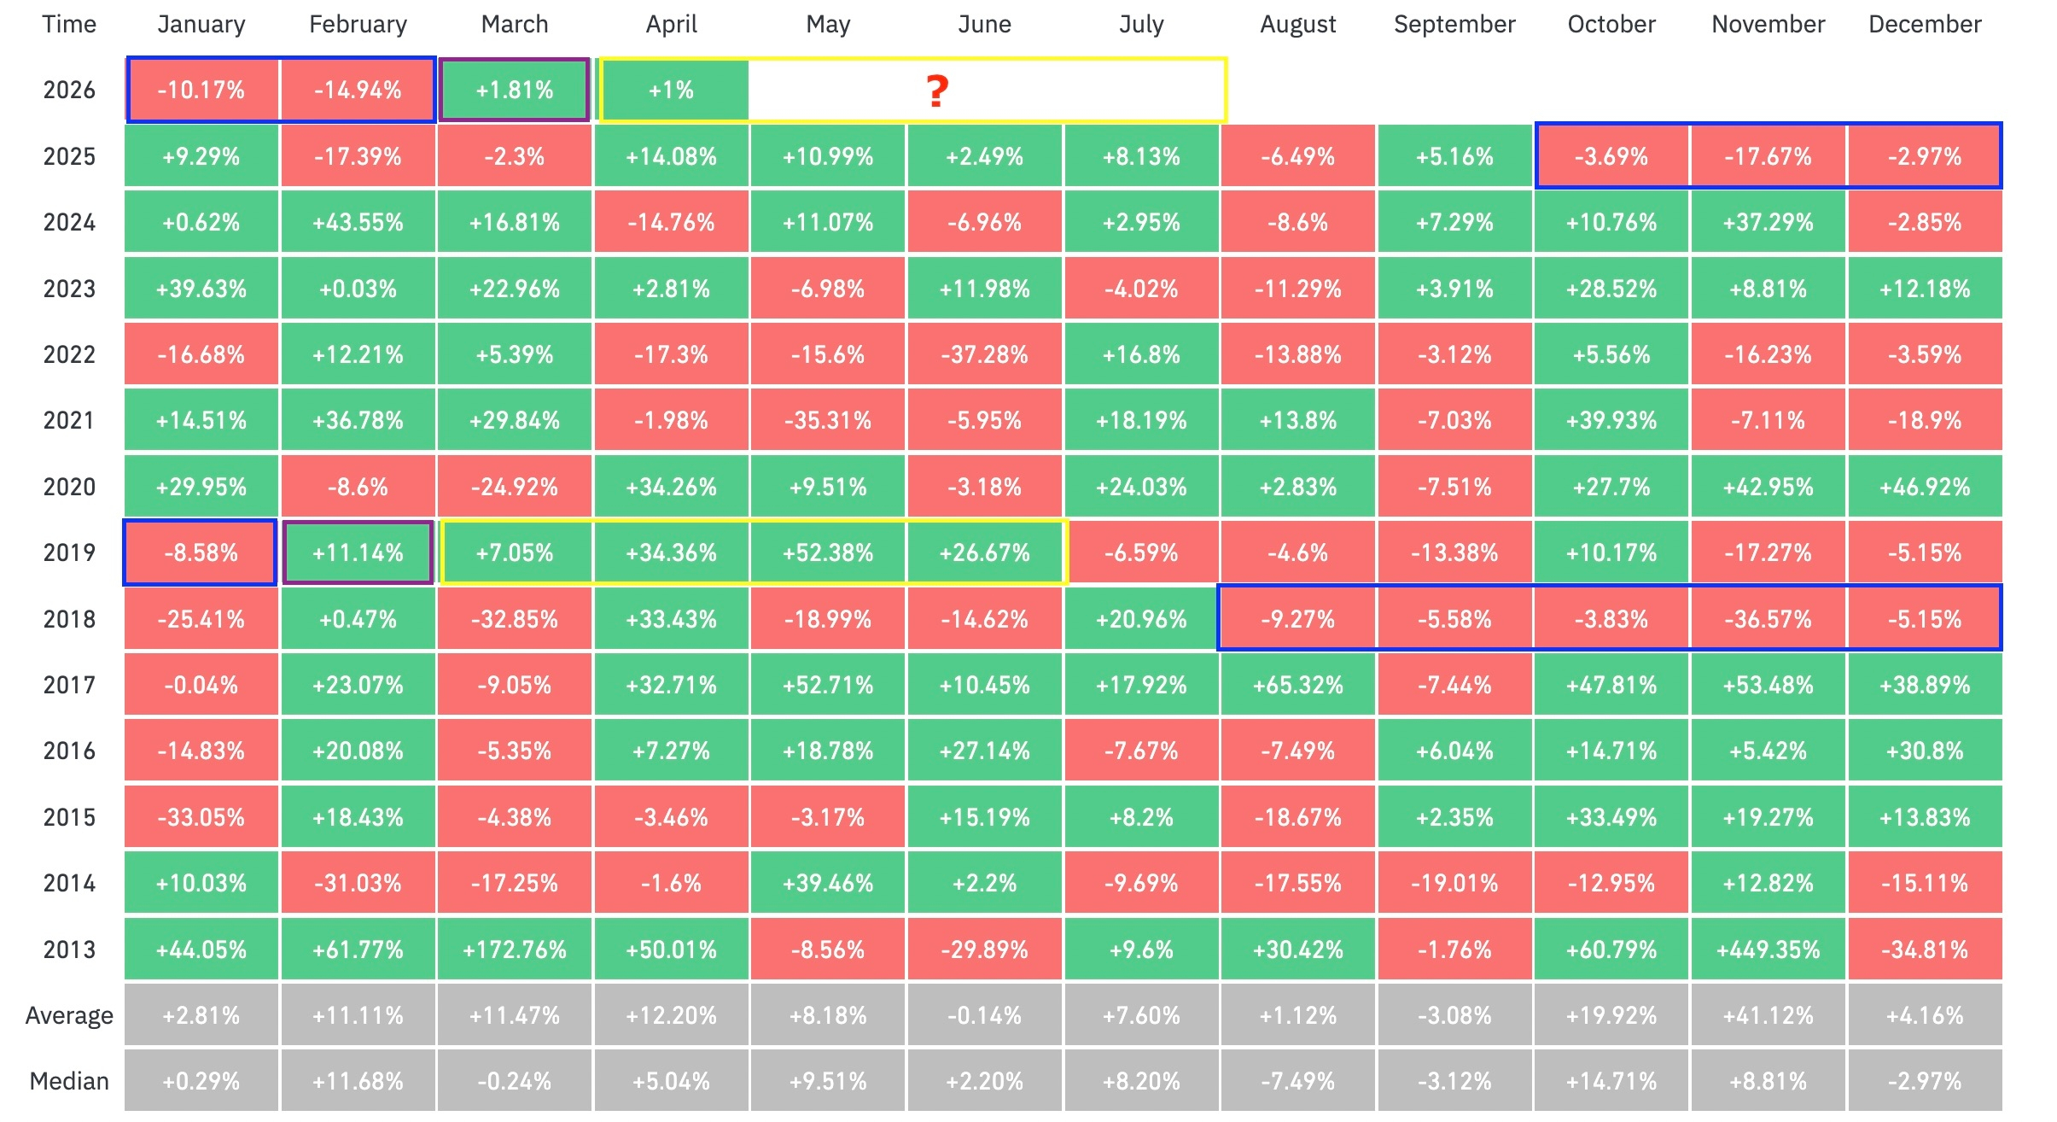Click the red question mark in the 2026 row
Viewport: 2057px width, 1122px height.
coord(937,91)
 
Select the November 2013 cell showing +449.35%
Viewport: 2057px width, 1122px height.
coord(1768,949)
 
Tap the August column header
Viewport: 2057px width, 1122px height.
coord(1297,25)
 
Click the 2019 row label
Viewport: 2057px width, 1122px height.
coord(69,552)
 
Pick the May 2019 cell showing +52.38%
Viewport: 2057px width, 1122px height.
coord(827,552)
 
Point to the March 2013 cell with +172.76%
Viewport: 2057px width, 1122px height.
coord(514,949)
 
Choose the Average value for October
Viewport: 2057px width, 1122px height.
coord(1611,1015)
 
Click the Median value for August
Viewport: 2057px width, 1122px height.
coord(1297,1081)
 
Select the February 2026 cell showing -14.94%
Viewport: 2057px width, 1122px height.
coord(358,91)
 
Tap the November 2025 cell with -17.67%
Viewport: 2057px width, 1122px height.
coord(1768,156)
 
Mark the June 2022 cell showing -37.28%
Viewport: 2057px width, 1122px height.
coord(984,354)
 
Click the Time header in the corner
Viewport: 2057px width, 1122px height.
coord(69,25)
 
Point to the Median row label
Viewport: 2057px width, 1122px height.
coord(69,1081)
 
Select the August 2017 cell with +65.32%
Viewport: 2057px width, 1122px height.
coord(1297,685)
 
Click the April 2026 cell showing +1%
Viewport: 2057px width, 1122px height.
coord(672,91)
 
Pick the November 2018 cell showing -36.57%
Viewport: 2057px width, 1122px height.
coord(1768,619)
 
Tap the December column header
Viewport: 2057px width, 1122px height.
coord(1925,25)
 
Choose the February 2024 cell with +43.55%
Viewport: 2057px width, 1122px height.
coord(358,222)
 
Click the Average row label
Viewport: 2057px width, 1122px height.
coord(69,1015)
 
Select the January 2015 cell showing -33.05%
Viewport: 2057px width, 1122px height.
coord(201,817)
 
